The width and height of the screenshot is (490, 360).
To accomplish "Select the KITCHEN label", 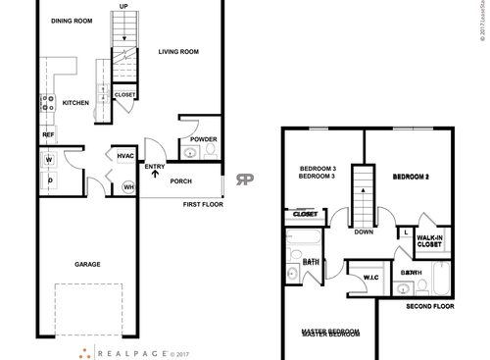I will (76, 102).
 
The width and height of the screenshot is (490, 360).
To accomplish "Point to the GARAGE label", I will (89, 263).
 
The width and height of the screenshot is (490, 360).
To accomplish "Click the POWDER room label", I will (204, 139).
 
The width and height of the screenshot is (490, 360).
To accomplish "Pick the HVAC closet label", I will (125, 156).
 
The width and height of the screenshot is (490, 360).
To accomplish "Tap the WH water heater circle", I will (127, 186).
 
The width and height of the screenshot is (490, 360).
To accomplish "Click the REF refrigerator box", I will (48, 134).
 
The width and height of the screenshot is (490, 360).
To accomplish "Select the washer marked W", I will (47, 159).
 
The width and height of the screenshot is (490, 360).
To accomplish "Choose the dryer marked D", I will (47, 180).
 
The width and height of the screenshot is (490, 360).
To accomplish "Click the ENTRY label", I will (155, 167).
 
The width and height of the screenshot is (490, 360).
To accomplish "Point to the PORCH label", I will (181, 181).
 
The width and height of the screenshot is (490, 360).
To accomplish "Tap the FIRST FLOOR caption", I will (203, 205).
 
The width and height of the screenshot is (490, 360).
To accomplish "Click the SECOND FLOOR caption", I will (431, 307).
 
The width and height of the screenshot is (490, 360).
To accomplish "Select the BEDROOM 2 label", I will (412, 177).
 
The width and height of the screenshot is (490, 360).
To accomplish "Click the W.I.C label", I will (370, 278).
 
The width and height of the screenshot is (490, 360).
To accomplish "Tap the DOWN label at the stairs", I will (364, 232).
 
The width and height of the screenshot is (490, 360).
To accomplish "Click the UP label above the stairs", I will (123, 6).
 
